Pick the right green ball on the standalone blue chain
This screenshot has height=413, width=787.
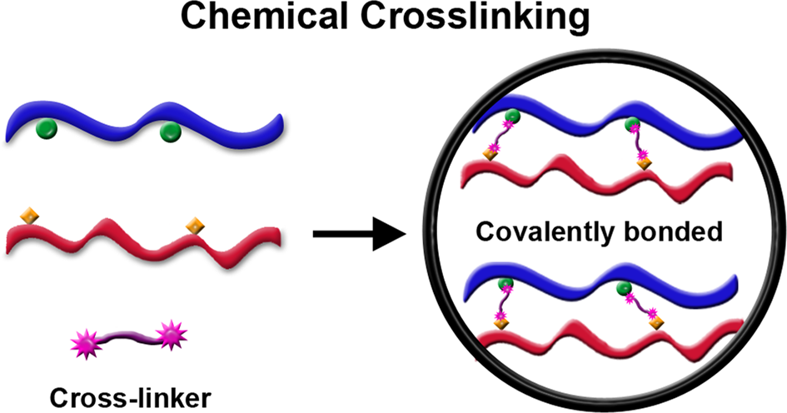point(170,130)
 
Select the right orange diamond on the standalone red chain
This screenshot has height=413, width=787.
point(195,224)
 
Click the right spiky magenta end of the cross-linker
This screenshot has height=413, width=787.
point(172,336)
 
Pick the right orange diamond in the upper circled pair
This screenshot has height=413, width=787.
point(644,163)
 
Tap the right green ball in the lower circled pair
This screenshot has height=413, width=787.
point(624,289)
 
